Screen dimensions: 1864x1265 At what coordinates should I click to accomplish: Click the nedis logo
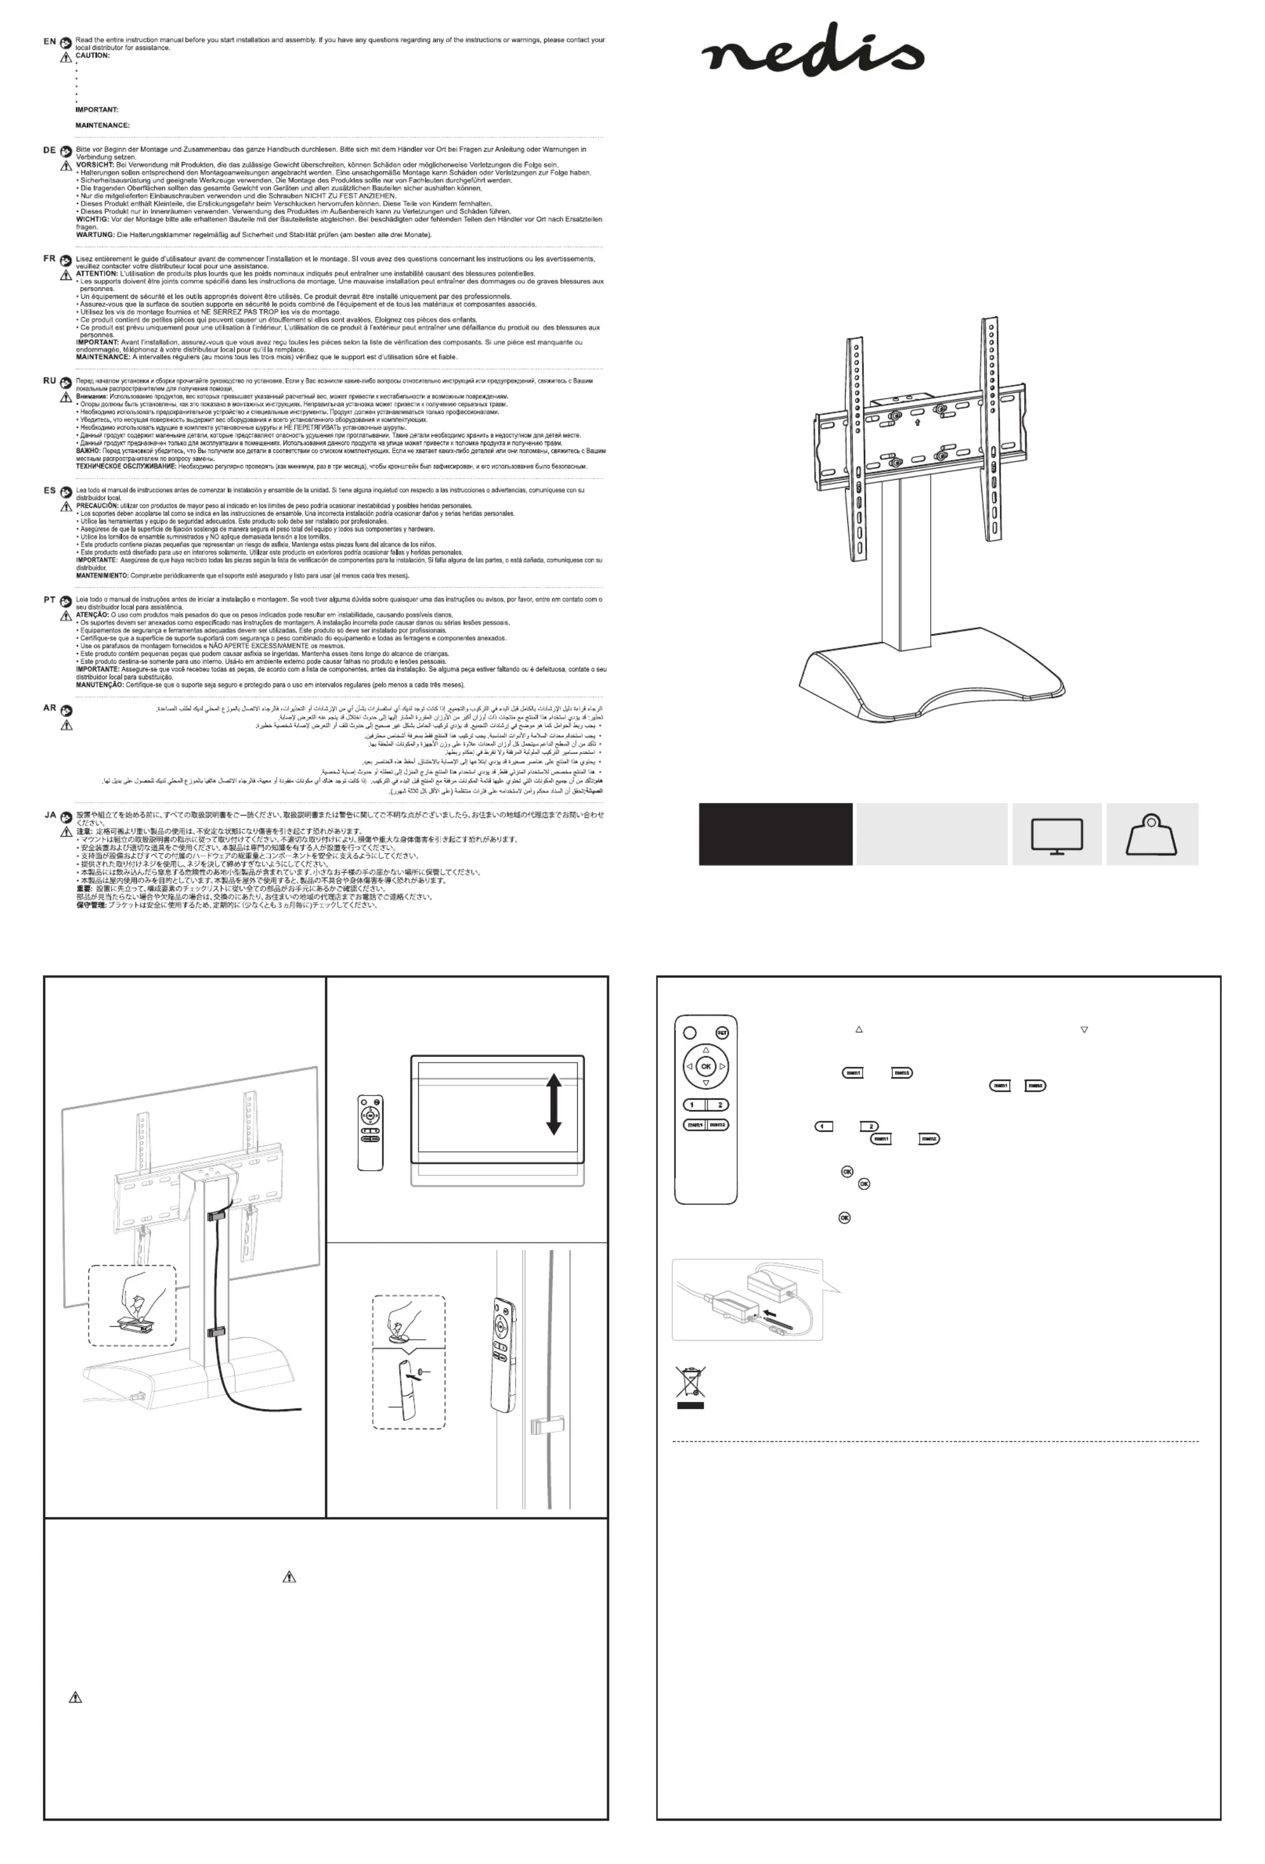tap(812, 50)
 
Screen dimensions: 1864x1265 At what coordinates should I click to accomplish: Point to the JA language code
tap(50, 815)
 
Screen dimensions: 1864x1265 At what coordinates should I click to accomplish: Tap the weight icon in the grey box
tap(1150, 836)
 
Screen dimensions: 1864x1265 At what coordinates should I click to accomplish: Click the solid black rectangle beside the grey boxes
tap(775, 834)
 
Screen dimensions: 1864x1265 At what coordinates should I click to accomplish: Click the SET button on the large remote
tap(722, 1033)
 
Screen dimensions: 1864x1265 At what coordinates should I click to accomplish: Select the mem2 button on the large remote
tap(717, 1124)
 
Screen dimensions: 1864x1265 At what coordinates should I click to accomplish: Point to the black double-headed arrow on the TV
tap(553, 1104)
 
